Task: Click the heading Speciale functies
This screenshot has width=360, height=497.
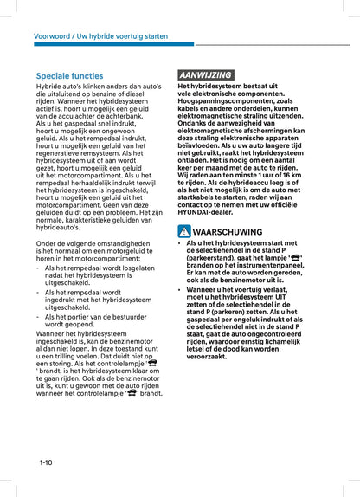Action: [x=69, y=76]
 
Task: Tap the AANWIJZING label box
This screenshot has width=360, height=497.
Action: [x=205, y=75]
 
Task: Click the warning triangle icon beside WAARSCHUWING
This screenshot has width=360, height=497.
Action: [x=184, y=232]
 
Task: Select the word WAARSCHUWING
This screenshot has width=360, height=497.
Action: [x=228, y=232]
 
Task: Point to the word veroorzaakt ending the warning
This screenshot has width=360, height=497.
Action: [x=210, y=355]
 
